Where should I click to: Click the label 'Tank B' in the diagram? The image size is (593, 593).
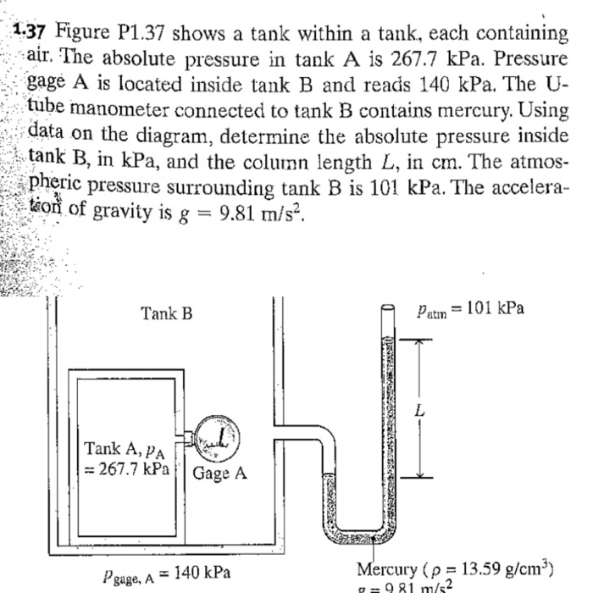(166, 314)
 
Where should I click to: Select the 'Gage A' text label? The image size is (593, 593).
(220, 473)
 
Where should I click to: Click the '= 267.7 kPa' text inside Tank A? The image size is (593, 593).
(128, 467)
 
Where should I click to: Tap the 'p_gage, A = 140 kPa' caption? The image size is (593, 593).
(173, 572)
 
